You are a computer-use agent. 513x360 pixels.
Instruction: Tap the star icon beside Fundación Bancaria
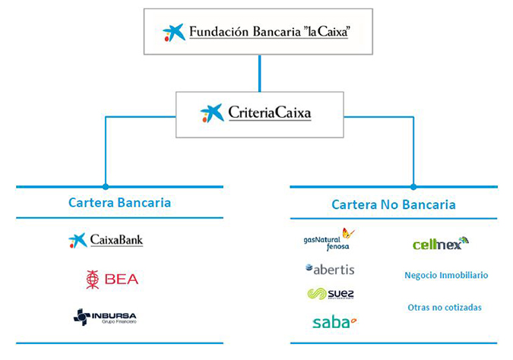pyautogui.click(x=174, y=33)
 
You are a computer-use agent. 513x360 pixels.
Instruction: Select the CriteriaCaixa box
pyautogui.click(x=259, y=114)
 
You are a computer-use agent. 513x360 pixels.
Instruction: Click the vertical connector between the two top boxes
pyautogui.click(x=259, y=73)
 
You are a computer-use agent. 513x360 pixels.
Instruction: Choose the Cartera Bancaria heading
pyautogui.click(x=119, y=203)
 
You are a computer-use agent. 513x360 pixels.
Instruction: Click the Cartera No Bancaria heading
pyautogui.click(x=394, y=204)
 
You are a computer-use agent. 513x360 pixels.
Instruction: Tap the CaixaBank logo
pyautogui.click(x=106, y=241)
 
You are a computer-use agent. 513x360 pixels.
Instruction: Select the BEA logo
pyautogui.click(x=112, y=279)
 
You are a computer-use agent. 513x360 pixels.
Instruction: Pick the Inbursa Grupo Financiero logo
pyautogui.click(x=106, y=317)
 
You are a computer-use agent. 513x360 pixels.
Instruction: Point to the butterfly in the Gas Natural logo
pyautogui.click(x=348, y=233)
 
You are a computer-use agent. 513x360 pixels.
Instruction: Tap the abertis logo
pyautogui.click(x=330, y=270)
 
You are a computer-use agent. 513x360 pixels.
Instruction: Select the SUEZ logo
pyautogui.click(x=331, y=294)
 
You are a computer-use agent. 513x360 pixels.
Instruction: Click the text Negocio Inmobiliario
pyautogui.click(x=446, y=275)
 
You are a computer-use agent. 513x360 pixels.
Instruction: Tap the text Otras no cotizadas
pyautogui.click(x=443, y=308)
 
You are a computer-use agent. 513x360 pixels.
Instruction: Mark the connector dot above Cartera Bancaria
pyautogui.click(x=106, y=186)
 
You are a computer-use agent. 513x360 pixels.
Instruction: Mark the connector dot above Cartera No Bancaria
pyautogui.click(x=413, y=186)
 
